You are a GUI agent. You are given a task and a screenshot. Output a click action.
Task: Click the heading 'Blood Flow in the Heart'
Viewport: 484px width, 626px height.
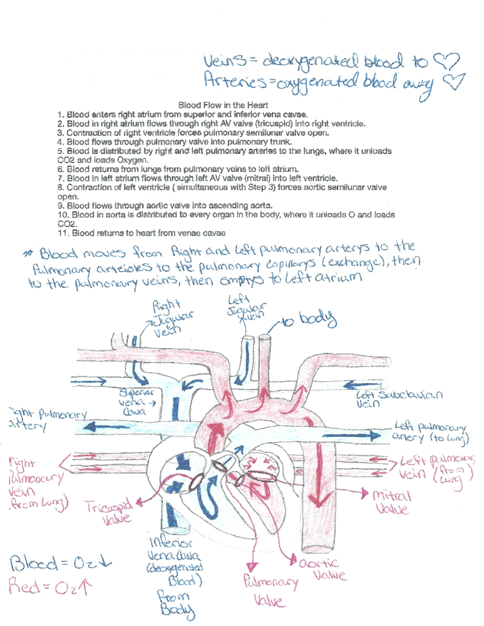tap(223, 105)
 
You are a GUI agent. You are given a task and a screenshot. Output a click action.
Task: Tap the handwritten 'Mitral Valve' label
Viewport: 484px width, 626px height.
tap(391, 502)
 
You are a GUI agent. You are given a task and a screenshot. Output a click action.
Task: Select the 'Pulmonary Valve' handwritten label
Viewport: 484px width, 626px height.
tap(270, 591)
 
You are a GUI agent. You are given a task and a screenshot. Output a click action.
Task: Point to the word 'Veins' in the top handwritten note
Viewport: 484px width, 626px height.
tap(224, 62)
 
